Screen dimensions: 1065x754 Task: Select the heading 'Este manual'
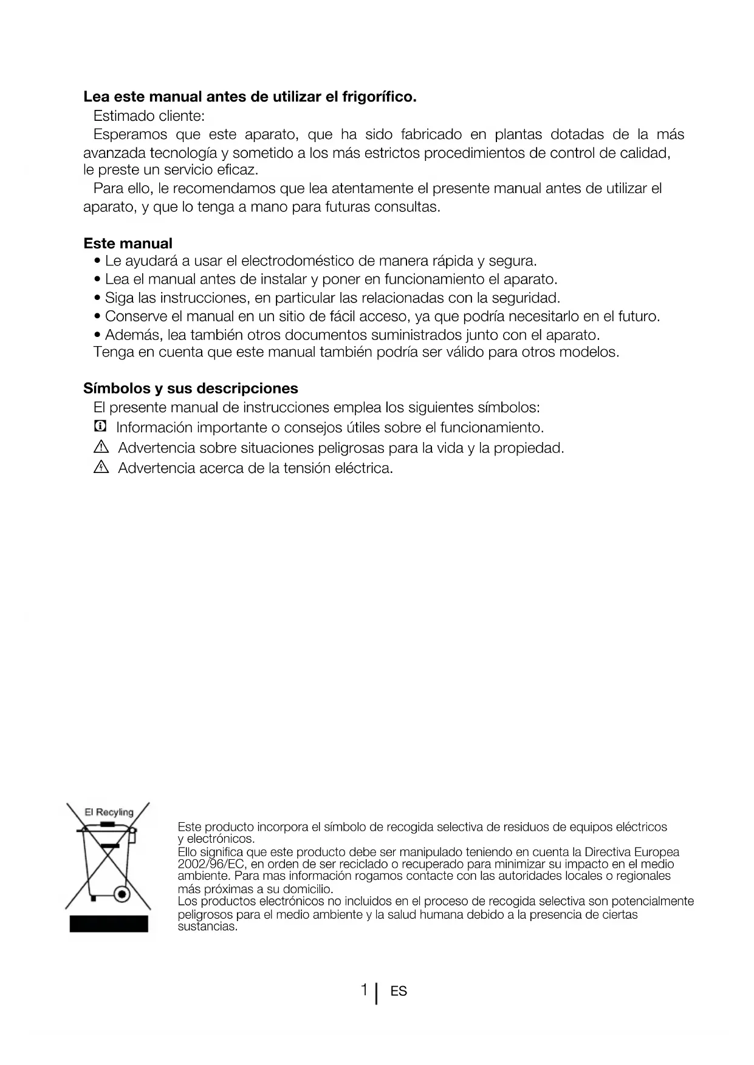click(x=128, y=243)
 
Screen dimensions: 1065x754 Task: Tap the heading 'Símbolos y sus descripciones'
click(x=191, y=389)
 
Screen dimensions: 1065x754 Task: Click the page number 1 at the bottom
click(x=364, y=990)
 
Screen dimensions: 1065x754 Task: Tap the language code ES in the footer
click(x=399, y=992)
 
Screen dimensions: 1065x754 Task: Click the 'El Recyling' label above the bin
click(x=109, y=812)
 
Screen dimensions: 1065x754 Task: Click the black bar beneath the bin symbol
click(x=109, y=924)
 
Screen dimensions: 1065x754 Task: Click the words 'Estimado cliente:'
click(x=149, y=115)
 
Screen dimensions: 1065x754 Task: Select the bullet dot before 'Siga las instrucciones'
click(x=98, y=298)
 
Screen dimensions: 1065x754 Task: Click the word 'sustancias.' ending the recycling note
click(x=207, y=927)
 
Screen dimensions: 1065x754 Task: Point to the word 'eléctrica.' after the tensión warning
click(x=364, y=468)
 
